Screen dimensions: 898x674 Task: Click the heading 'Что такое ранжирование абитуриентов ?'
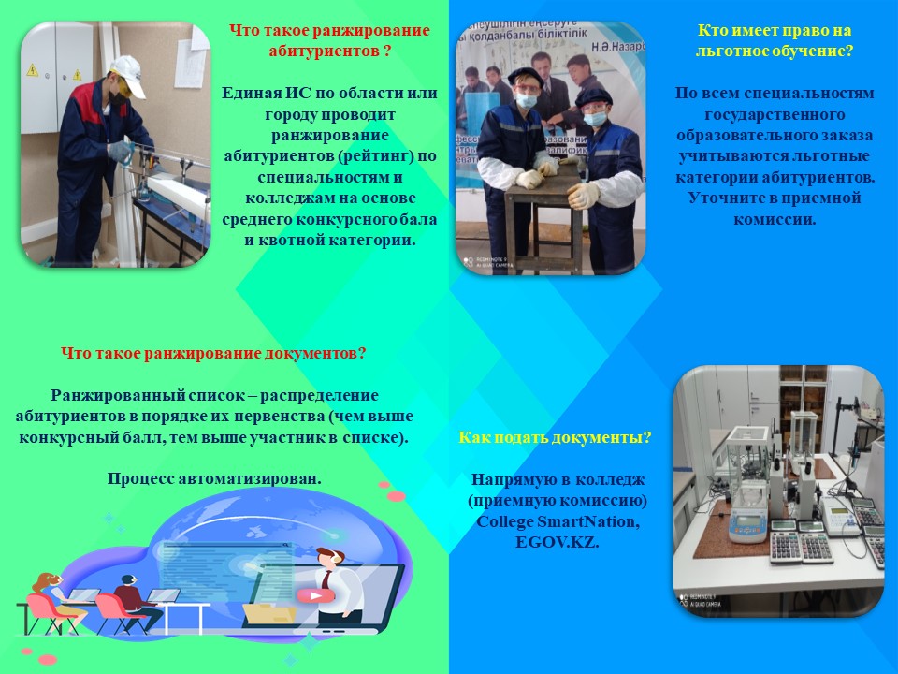(x=329, y=40)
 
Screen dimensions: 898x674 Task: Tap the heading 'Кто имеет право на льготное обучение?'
(x=775, y=40)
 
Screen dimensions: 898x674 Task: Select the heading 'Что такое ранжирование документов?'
(x=213, y=353)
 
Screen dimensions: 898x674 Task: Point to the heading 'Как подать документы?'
(x=555, y=437)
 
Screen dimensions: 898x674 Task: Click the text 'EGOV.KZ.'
(x=558, y=542)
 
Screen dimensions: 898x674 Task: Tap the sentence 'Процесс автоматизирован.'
(x=214, y=478)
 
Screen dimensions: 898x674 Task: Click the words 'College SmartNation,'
(x=558, y=521)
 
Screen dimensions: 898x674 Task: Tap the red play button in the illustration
(x=314, y=596)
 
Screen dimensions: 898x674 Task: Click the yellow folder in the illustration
(x=268, y=613)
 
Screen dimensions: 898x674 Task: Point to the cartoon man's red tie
(x=326, y=579)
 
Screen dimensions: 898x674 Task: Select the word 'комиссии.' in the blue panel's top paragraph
(x=775, y=219)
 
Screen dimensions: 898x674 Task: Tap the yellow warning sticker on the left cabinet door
(x=33, y=70)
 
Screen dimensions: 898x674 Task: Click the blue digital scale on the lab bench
(x=748, y=525)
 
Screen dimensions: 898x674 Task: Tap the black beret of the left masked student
(x=525, y=75)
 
